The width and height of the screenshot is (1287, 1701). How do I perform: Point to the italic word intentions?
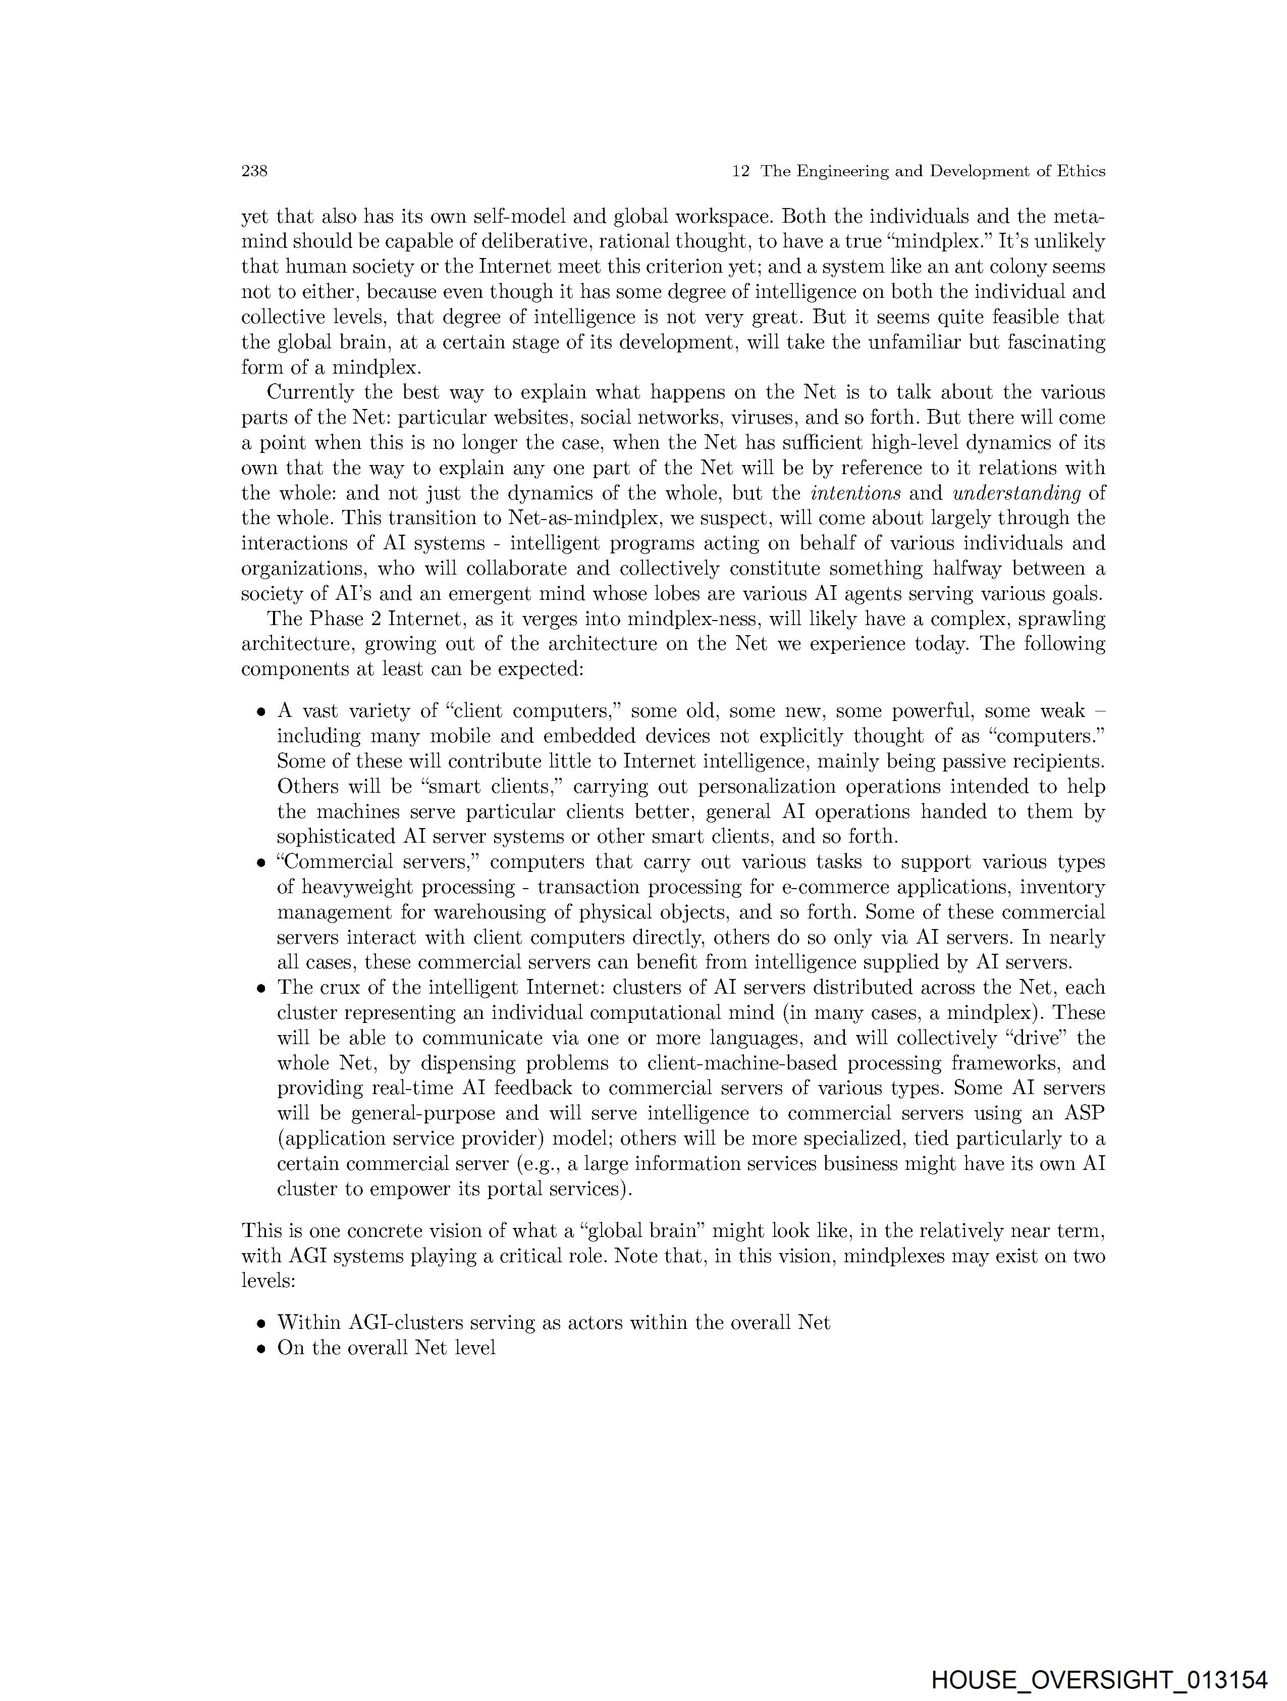(855, 493)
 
